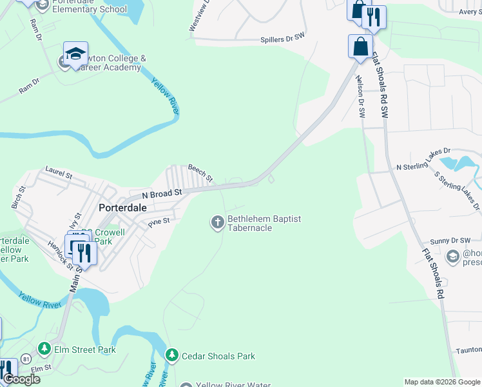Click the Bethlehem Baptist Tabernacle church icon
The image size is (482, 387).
[217, 223]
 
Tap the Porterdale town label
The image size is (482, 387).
[123, 208]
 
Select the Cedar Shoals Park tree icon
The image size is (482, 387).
[171, 355]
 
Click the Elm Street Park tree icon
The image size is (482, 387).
[44, 350]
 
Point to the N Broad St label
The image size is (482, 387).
[157, 193]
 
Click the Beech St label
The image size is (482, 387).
[200, 172]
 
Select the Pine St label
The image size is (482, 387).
[159, 223]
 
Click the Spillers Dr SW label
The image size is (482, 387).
[282, 39]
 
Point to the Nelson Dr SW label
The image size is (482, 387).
[360, 97]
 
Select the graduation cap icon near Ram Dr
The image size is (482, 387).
[75, 54]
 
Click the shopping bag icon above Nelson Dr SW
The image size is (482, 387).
[360, 46]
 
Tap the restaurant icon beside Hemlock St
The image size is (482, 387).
[84, 252]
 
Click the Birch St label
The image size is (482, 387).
[17, 197]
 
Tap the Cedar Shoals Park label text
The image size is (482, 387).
[218, 356]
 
